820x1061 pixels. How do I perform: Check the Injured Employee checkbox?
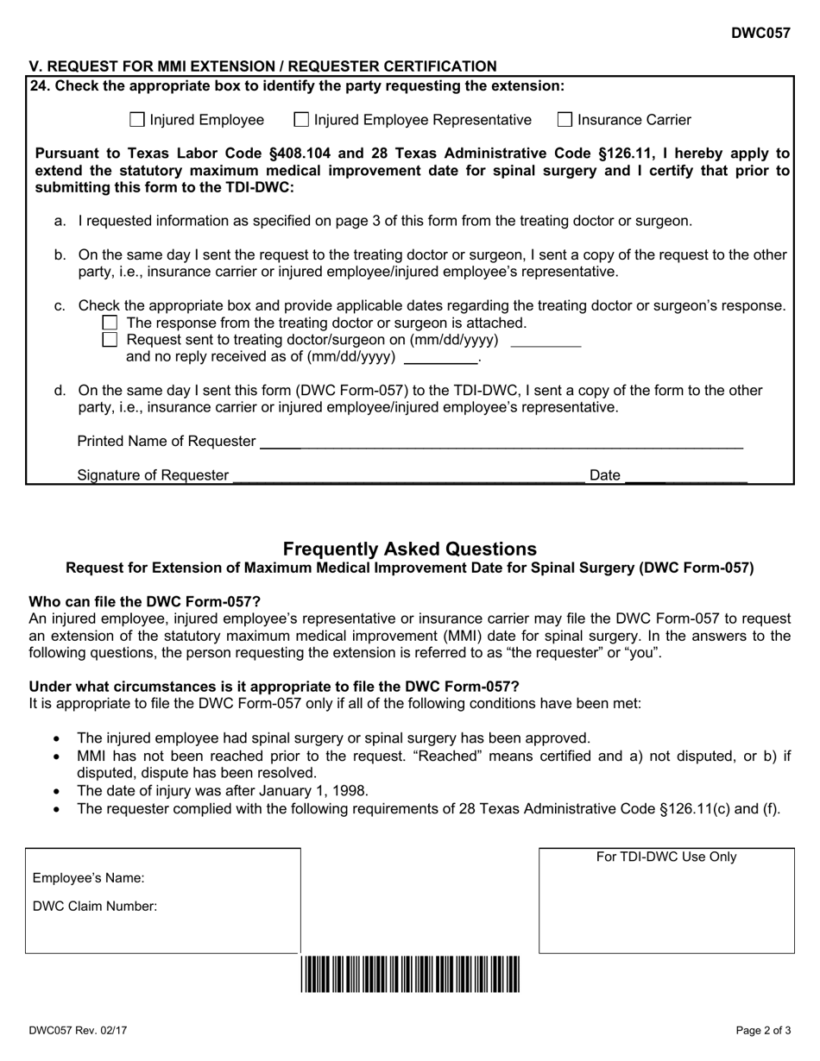(x=136, y=120)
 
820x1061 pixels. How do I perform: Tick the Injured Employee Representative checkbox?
(x=301, y=120)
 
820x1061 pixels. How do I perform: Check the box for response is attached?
(x=110, y=323)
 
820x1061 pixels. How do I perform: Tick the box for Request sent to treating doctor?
(x=110, y=340)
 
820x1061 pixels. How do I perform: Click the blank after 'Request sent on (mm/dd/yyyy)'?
(x=546, y=341)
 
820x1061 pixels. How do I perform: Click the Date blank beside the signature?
(x=685, y=475)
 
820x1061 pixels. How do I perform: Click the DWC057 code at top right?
(x=760, y=34)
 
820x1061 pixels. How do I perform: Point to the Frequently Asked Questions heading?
(x=410, y=549)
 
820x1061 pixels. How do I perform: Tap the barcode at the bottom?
(x=411, y=975)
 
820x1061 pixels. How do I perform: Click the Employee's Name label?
(x=89, y=879)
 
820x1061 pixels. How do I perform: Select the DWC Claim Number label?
(x=95, y=907)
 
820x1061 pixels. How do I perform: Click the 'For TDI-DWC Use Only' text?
(x=666, y=857)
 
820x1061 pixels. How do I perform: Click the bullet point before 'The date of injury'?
(x=57, y=791)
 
